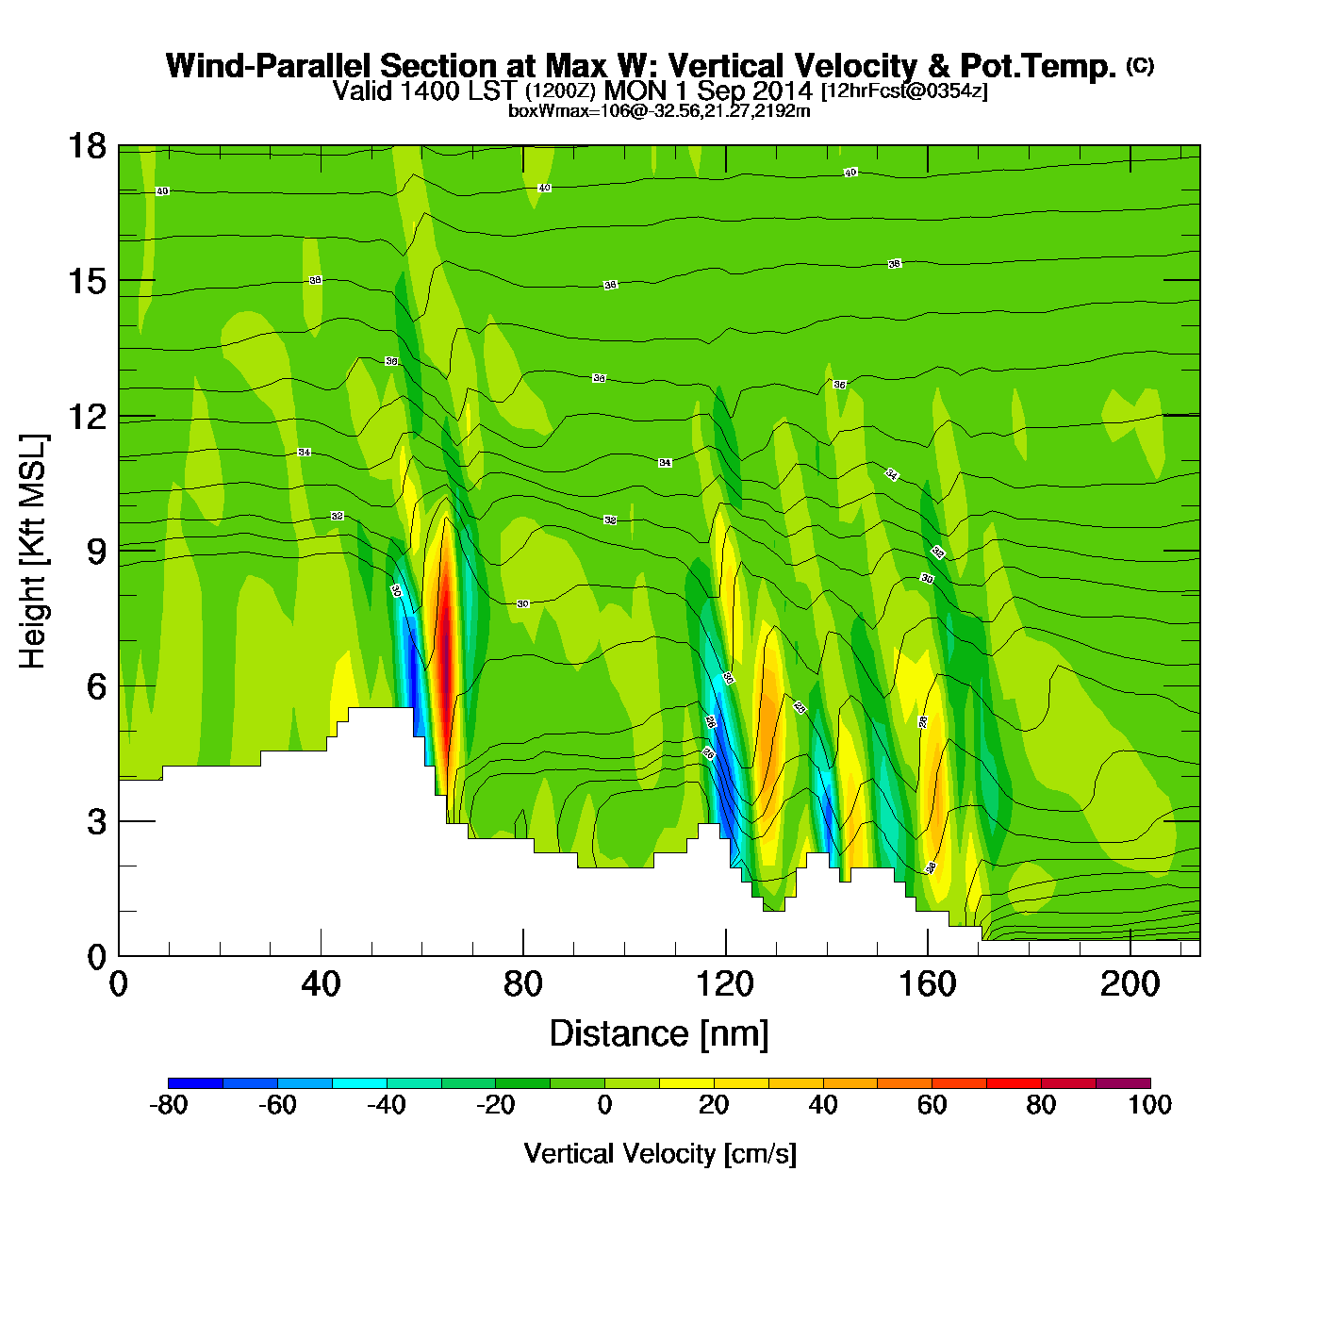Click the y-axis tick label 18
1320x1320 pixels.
[86, 146]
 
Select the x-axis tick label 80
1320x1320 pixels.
[522, 984]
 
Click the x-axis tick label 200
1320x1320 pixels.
[1130, 984]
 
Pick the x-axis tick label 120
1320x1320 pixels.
[725, 984]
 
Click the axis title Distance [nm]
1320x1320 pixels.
[659, 1034]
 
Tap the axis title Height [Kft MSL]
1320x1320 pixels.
[33, 552]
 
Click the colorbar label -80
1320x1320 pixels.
[169, 1105]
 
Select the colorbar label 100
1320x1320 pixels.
[1149, 1105]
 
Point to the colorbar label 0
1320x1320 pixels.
[604, 1105]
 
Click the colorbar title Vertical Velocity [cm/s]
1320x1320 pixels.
[660, 1153]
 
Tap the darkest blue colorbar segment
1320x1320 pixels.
[195, 1082]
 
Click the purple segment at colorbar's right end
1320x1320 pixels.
[1123, 1082]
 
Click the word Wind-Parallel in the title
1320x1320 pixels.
[270, 66]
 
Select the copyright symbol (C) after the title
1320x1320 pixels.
[1140, 65]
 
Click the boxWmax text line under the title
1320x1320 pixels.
[659, 110]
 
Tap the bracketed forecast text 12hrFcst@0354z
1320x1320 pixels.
[904, 91]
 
